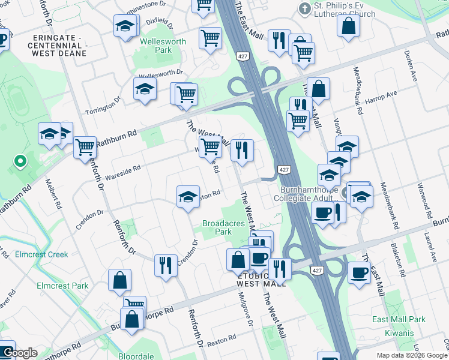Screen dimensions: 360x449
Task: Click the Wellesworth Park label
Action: (x=155, y=46)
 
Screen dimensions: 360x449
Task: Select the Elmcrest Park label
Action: (x=62, y=286)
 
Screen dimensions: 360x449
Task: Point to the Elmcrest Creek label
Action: (x=42, y=254)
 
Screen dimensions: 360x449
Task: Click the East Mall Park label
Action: (x=399, y=319)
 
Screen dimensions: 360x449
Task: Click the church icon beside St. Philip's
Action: (x=305, y=8)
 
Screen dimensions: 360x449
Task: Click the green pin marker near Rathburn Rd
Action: (x=20, y=161)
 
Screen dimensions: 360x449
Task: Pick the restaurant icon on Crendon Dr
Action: (x=166, y=265)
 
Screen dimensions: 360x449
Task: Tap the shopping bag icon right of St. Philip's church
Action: (x=348, y=26)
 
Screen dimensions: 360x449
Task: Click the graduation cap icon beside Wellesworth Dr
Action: (x=145, y=90)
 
